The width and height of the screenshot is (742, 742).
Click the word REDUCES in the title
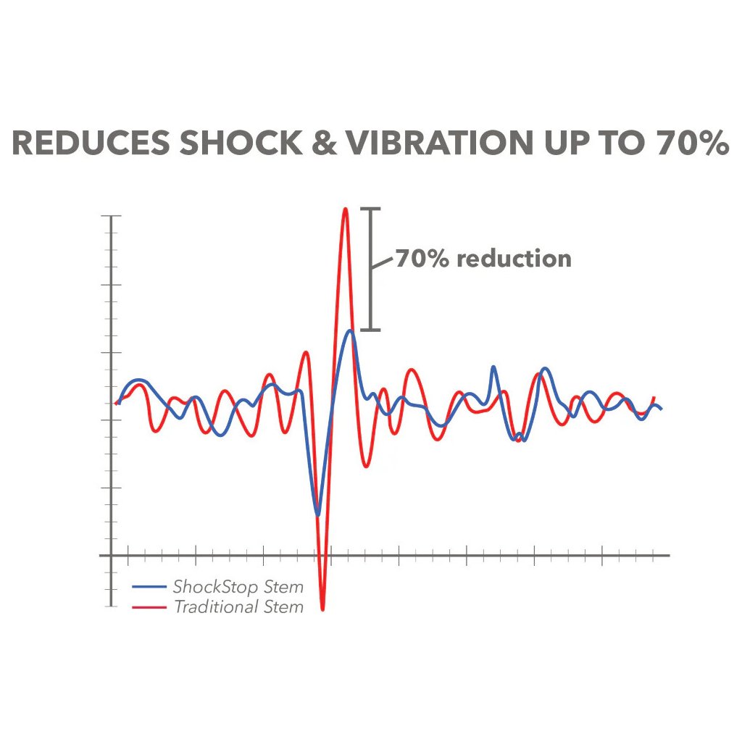[91, 143]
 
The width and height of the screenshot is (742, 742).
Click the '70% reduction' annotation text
[483, 259]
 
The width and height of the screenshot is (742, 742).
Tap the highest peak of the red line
[346, 209]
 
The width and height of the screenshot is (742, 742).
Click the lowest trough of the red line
[322, 609]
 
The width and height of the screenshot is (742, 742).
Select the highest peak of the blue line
[351, 330]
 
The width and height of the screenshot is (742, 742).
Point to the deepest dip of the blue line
[317, 514]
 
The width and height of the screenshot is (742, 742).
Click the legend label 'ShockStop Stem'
[238, 586]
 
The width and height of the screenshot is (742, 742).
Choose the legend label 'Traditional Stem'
[238, 606]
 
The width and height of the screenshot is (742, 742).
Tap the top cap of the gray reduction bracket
[370, 209]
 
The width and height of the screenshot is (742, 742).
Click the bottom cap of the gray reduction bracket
[370, 330]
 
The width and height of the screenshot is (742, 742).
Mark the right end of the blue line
[662, 409]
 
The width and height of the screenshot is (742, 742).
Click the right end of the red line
[654, 397]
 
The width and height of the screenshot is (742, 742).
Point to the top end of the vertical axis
[111, 217]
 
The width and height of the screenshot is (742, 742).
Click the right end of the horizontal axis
[668, 556]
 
